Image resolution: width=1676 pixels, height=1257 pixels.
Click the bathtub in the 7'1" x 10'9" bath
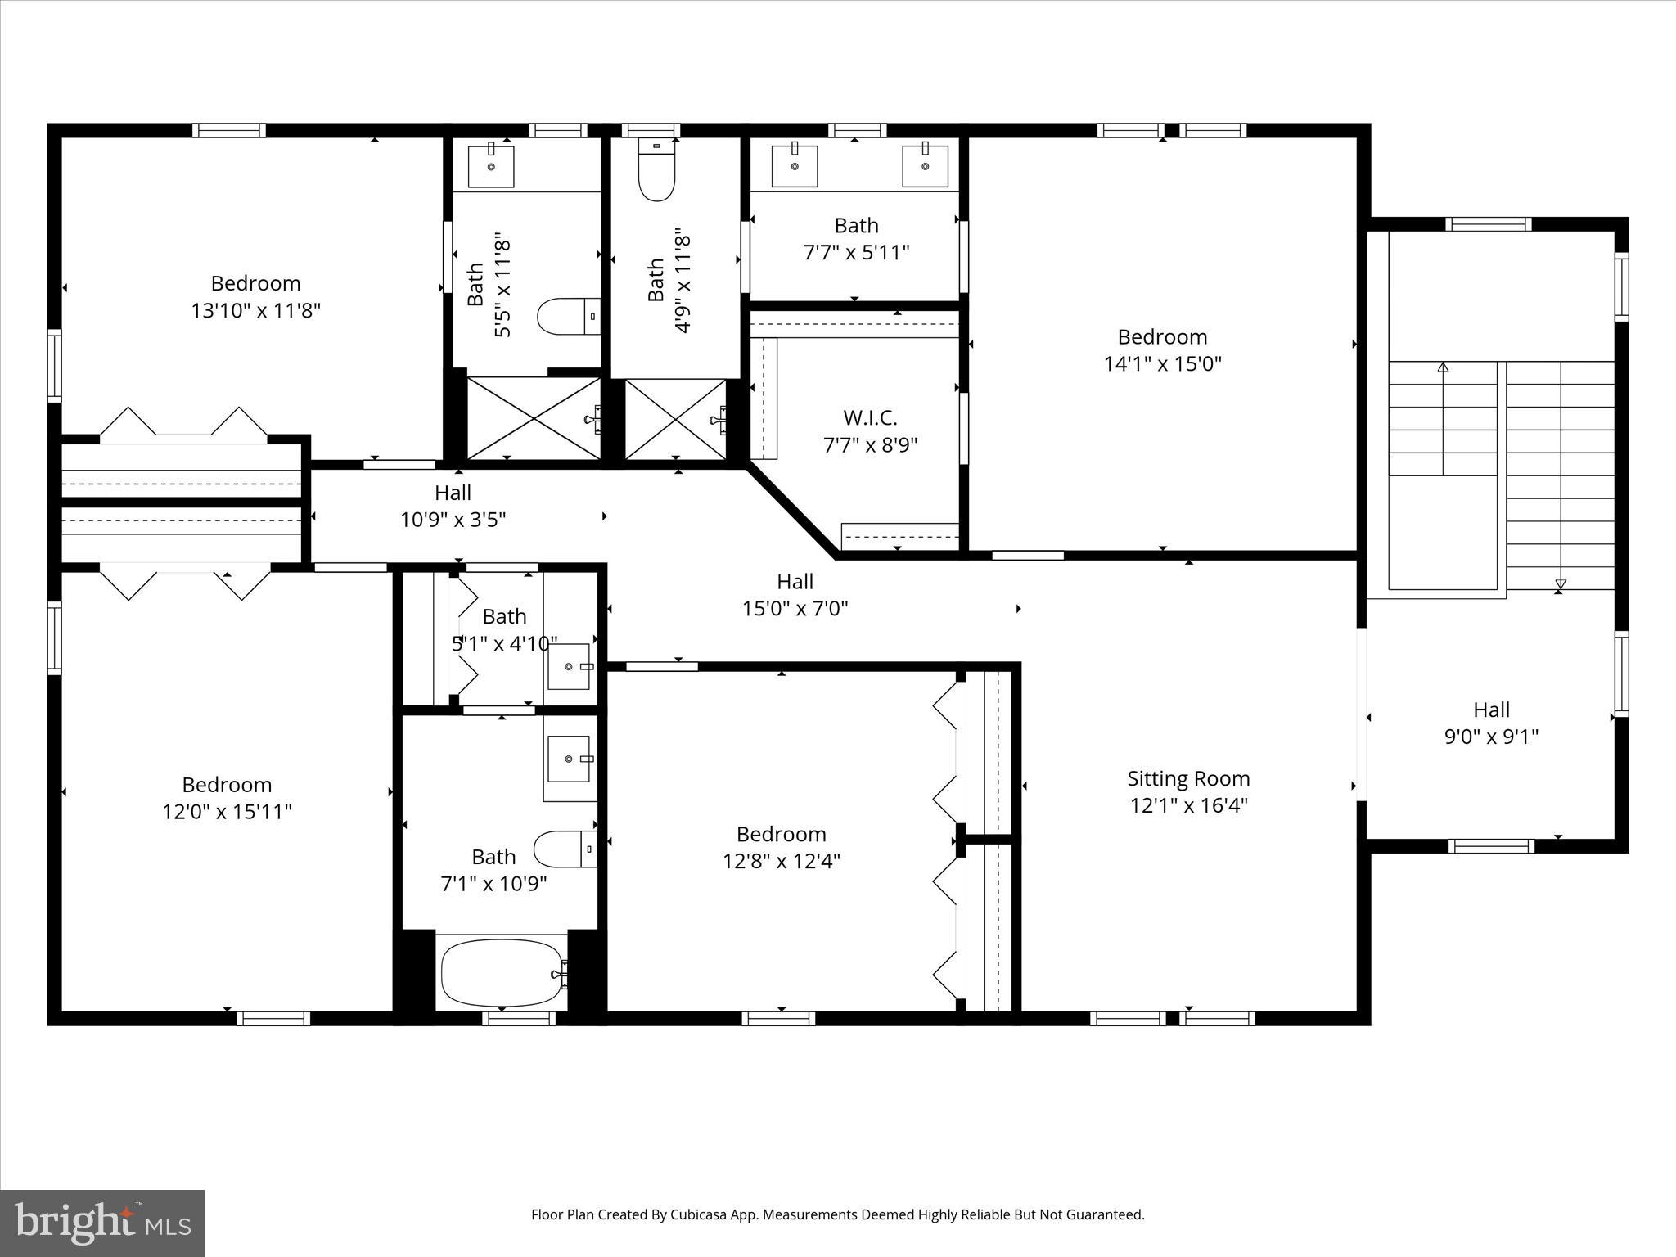(x=502, y=973)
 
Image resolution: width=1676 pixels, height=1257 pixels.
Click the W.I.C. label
(x=870, y=418)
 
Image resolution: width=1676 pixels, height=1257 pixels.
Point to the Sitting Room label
(x=1188, y=778)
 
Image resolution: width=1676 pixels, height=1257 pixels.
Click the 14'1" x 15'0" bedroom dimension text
(x=1162, y=364)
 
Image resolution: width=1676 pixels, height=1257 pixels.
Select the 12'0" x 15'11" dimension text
(x=227, y=812)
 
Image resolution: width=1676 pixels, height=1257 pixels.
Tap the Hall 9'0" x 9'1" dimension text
(x=1491, y=737)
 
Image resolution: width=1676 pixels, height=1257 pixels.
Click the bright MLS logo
(x=102, y=1223)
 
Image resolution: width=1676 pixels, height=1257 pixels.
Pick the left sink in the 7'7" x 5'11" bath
(x=795, y=166)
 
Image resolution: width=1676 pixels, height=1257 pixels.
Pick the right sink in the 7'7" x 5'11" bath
(x=925, y=166)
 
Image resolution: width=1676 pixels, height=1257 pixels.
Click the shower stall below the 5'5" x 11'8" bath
(x=534, y=418)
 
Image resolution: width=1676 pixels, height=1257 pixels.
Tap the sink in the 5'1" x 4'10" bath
(x=569, y=666)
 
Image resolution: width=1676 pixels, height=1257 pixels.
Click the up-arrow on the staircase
(x=1443, y=368)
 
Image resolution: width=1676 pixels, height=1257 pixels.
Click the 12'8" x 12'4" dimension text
(x=782, y=861)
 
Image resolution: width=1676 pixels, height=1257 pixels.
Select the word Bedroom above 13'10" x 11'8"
(x=255, y=283)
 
